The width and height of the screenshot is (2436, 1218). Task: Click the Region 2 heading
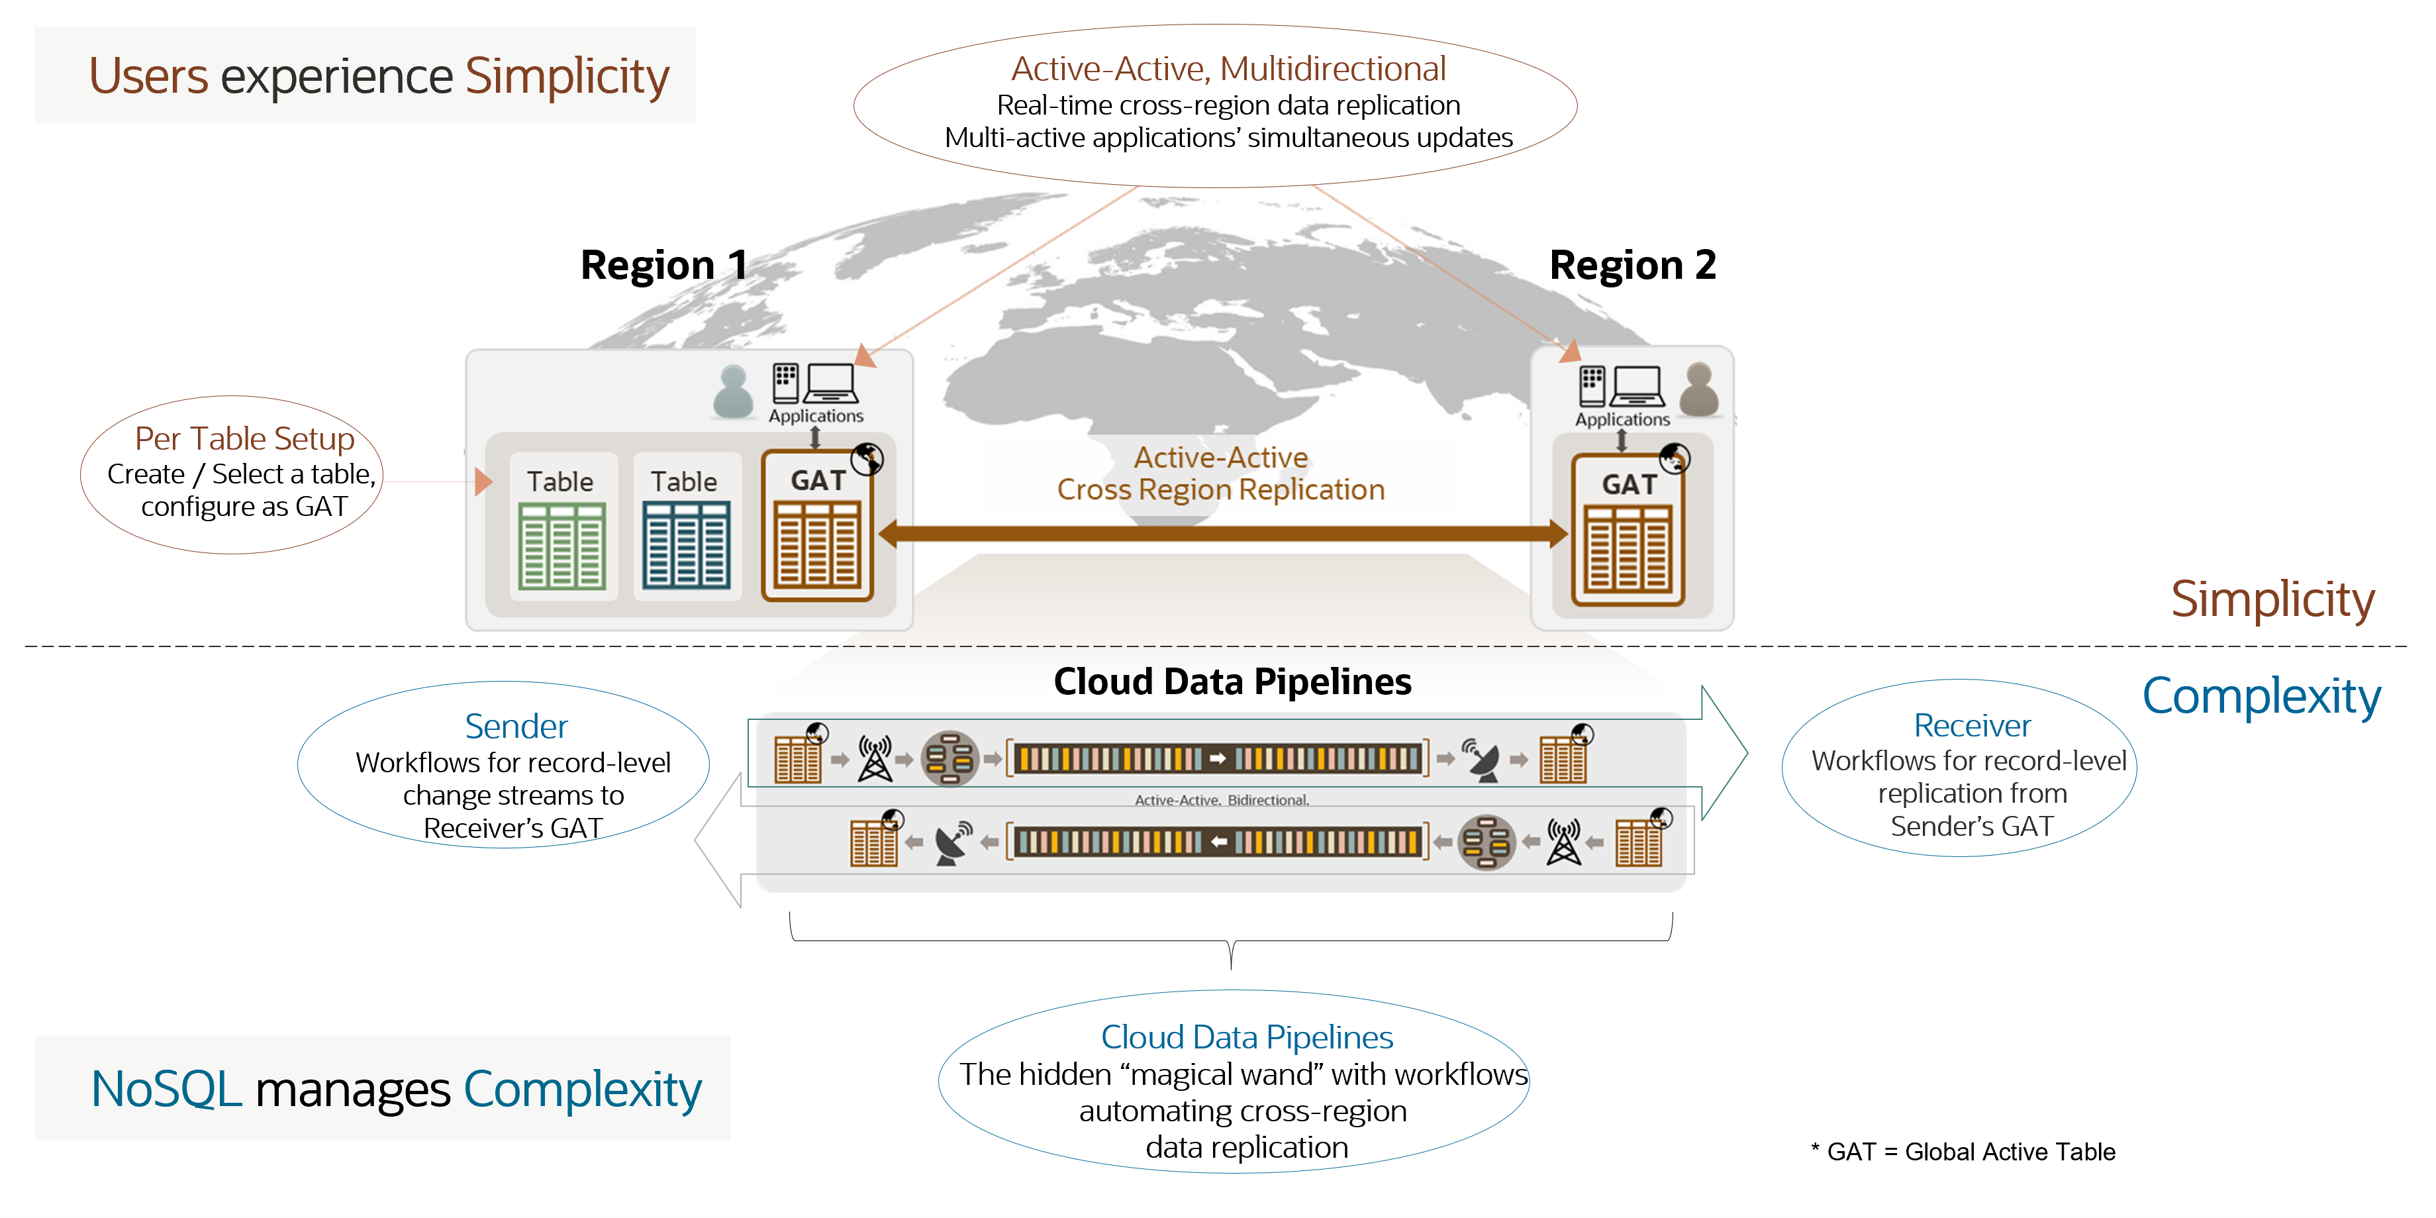(x=1632, y=266)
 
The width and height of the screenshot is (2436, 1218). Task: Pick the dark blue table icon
(x=685, y=546)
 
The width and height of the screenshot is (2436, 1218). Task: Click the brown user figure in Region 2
(x=1699, y=389)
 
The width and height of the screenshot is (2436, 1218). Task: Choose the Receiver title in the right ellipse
(x=1972, y=725)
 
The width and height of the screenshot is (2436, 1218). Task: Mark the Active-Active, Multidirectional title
(x=1228, y=69)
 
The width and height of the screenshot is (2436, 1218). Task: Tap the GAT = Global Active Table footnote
(x=1963, y=1152)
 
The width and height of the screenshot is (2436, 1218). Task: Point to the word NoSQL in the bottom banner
(x=166, y=1090)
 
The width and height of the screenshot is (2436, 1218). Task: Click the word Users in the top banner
(x=148, y=77)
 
